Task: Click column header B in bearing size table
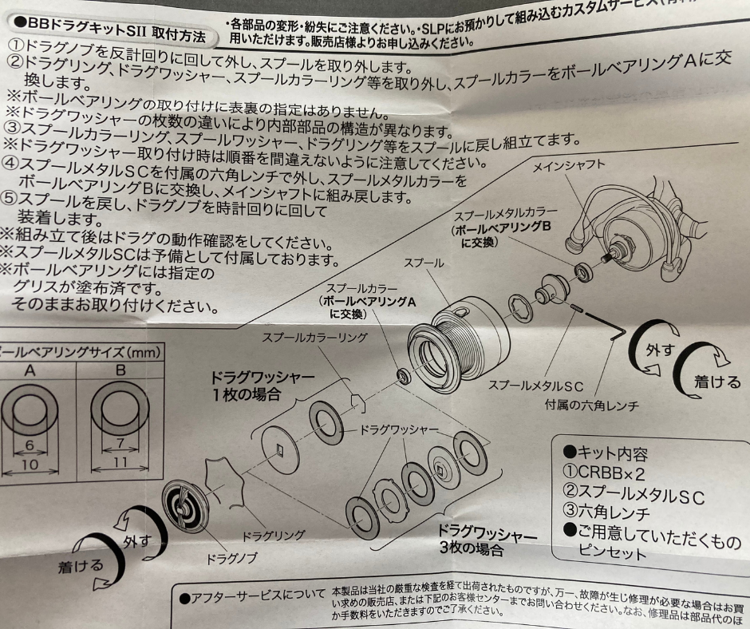[120, 370]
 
